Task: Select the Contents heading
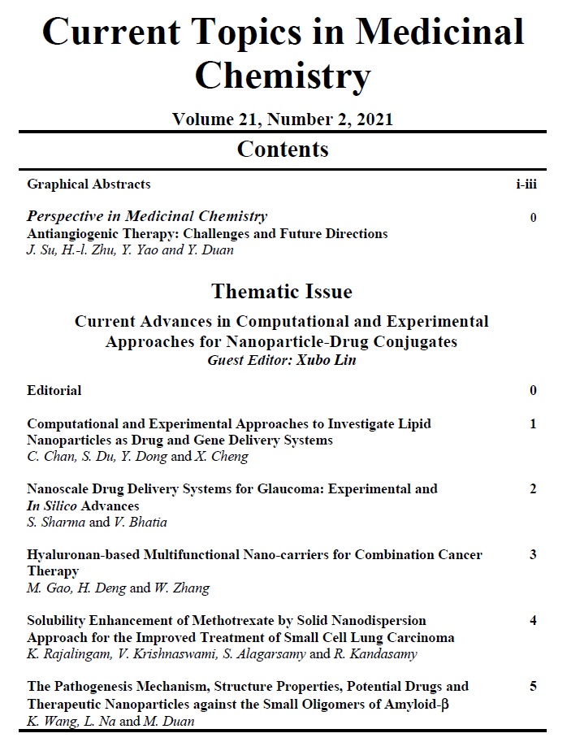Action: pos(283,149)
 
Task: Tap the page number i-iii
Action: pos(526,184)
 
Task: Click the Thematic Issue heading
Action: pos(282,291)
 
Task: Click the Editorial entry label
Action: pos(54,390)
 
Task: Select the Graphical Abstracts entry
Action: pos(89,184)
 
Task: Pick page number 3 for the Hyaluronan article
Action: pos(533,555)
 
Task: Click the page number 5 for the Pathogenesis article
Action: pos(533,687)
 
